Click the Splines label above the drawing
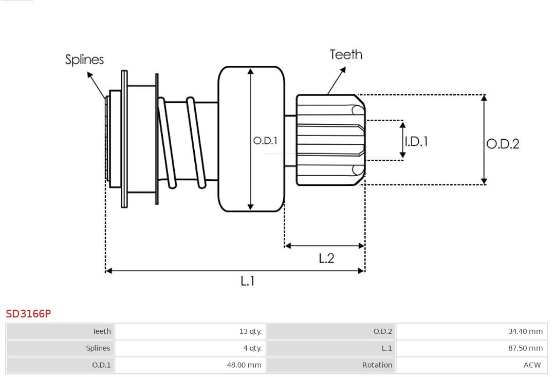click(x=84, y=60)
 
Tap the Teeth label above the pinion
click(x=346, y=54)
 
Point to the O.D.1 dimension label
click(x=265, y=140)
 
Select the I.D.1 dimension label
click(x=416, y=141)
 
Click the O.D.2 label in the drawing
click(x=503, y=144)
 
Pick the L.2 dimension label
click(x=326, y=258)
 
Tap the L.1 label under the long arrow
click(x=248, y=280)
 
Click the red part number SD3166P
click(x=28, y=313)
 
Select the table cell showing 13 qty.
click(x=250, y=331)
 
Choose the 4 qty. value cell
click(x=252, y=348)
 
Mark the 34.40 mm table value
click(x=525, y=331)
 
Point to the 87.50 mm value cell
click(x=525, y=348)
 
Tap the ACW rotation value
click(x=532, y=365)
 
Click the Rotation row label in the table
click(x=377, y=365)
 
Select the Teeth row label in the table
click(x=101, y=331)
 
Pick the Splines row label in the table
click(x=98, y=348)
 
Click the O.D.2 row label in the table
click(x=382, y=331)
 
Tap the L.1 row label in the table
click(x=386, y=348)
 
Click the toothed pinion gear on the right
click(x=330, y=140)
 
